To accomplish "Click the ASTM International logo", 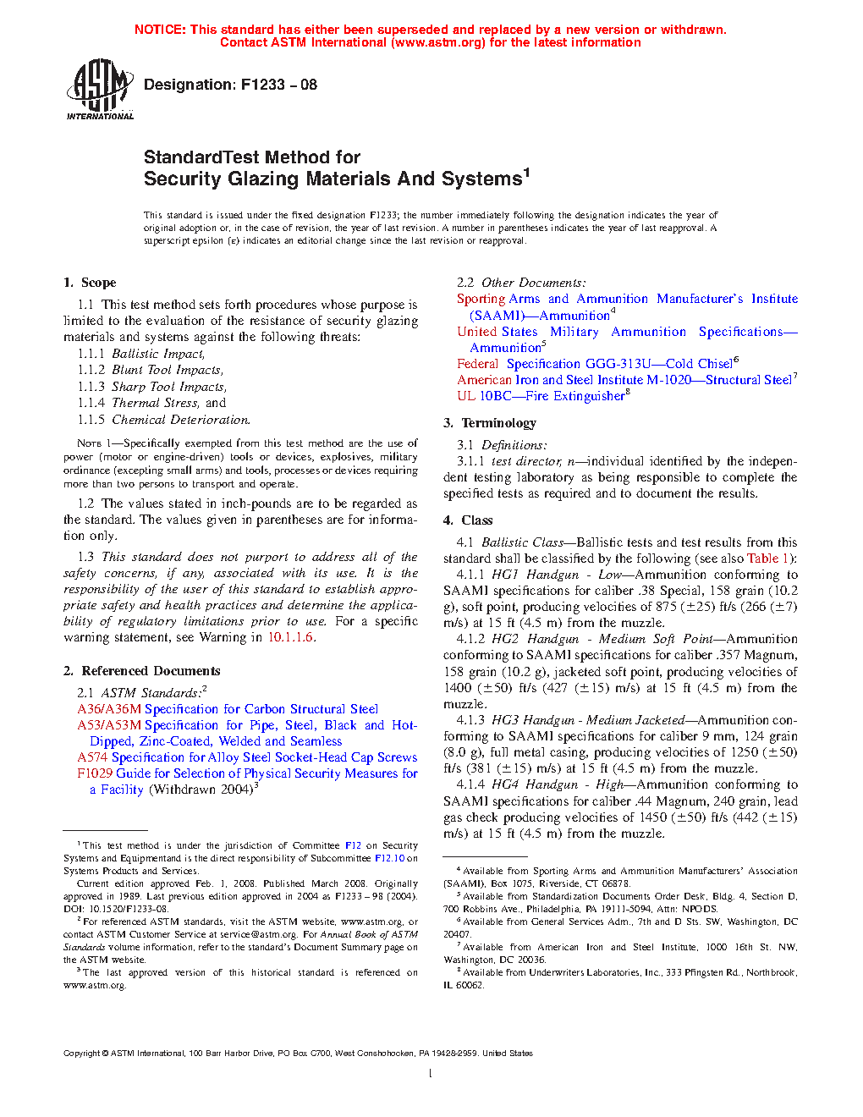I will [100, 88].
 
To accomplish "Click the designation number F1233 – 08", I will [278, 85].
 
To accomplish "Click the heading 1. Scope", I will [90, 283].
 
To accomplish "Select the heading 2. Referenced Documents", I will [141, 671].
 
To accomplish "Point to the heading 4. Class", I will [468, 520].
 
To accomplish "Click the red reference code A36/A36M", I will [109, 709].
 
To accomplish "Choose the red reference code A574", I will [93, 757].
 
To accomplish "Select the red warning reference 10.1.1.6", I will [291, 637].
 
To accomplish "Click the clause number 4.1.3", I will [470, 720].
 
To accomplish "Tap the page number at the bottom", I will [431, 1074].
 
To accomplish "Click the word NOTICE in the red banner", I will [160, 30].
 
